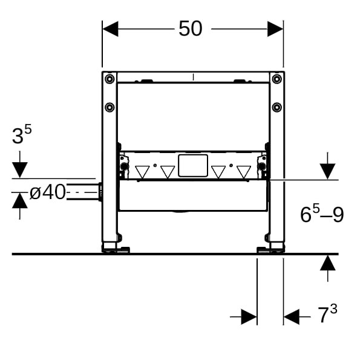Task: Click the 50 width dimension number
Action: point(191,28)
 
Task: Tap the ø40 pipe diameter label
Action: point(48,192)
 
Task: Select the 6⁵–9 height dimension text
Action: point(322,214)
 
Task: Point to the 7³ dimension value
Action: point(327,313)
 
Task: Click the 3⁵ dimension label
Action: point(22,134)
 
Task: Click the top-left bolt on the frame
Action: point(110,79)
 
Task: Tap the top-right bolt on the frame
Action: point(276,79)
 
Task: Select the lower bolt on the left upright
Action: point(110,107)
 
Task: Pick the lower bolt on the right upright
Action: point(276,107)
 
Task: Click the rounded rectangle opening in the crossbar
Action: point(193,166)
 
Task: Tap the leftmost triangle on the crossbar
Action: point(142,172)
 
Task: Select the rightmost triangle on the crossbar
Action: point(244,172)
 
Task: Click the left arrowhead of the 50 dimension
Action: point(111,29)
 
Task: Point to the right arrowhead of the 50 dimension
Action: point(275,29)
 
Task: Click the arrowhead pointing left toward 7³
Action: point(291,316)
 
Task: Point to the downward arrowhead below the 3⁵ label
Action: point(20,170)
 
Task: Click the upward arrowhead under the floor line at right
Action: point(327,263)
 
